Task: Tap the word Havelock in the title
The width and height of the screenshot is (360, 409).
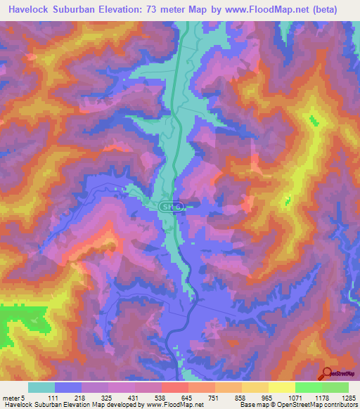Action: (x=32, y=10)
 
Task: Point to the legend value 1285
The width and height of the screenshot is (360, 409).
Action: (x=348, y=398)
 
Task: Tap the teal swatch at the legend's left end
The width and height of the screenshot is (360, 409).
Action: (x=41, y=387)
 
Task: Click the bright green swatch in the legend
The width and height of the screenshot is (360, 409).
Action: (x=309, y=387)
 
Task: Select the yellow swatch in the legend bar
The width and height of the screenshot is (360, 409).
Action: (x=282, y=387)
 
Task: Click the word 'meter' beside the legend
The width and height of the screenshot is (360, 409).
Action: (x=12, y=398)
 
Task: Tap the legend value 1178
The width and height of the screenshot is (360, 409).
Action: (x=322, y=398)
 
